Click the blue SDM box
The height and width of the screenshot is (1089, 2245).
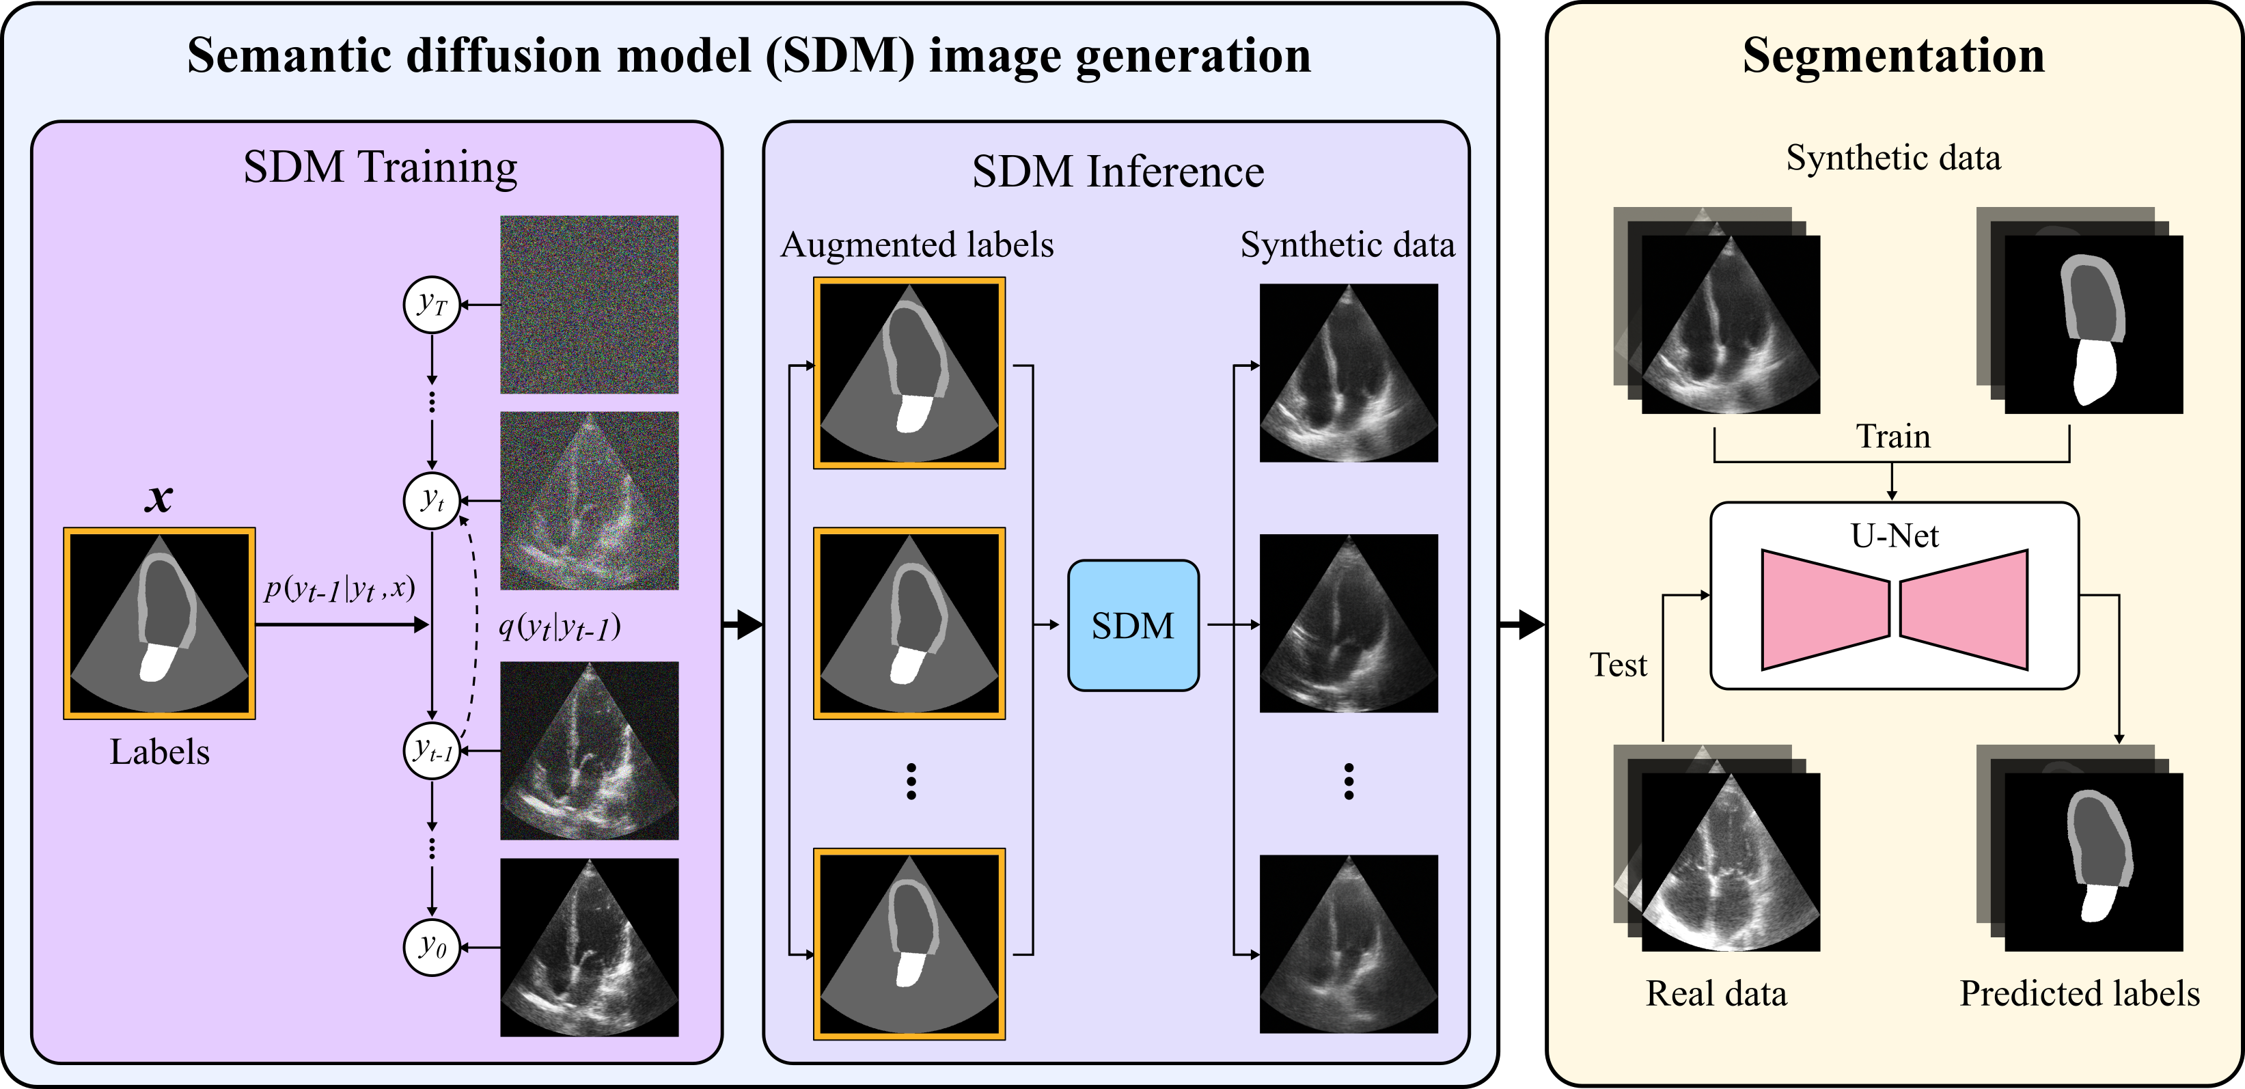tap(1133, 626)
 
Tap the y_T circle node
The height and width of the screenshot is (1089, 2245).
tap(431, 305)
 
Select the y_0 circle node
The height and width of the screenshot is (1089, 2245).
tap(431, 946)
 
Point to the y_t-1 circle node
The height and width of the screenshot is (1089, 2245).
tap(431, 750)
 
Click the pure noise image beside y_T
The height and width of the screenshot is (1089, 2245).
tap(589, 304)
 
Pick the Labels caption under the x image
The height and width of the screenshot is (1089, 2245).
tap(159, 752)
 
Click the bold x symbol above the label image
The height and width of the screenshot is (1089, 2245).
tap(159, 498)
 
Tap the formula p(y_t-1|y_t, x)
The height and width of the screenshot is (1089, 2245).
tap(340, 590)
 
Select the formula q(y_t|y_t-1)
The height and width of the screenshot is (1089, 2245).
tap(560, 627)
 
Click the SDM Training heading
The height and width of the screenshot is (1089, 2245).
tap(380, 167)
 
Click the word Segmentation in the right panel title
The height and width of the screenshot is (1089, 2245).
tap(1893, 56)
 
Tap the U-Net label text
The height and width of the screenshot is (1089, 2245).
tap(1895, 535)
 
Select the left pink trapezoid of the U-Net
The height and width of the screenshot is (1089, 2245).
tap(1825, 610)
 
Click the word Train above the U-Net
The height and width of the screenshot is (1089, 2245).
tap(1893, 436)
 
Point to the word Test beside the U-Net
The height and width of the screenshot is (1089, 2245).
tap(1619, 665)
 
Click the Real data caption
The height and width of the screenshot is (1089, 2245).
tap(1716, 993)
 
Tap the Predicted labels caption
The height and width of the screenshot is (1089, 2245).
tap(2080, 993)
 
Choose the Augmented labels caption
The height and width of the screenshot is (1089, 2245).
tap(917, 245)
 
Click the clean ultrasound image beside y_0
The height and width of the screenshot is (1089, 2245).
tap(589, 947)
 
